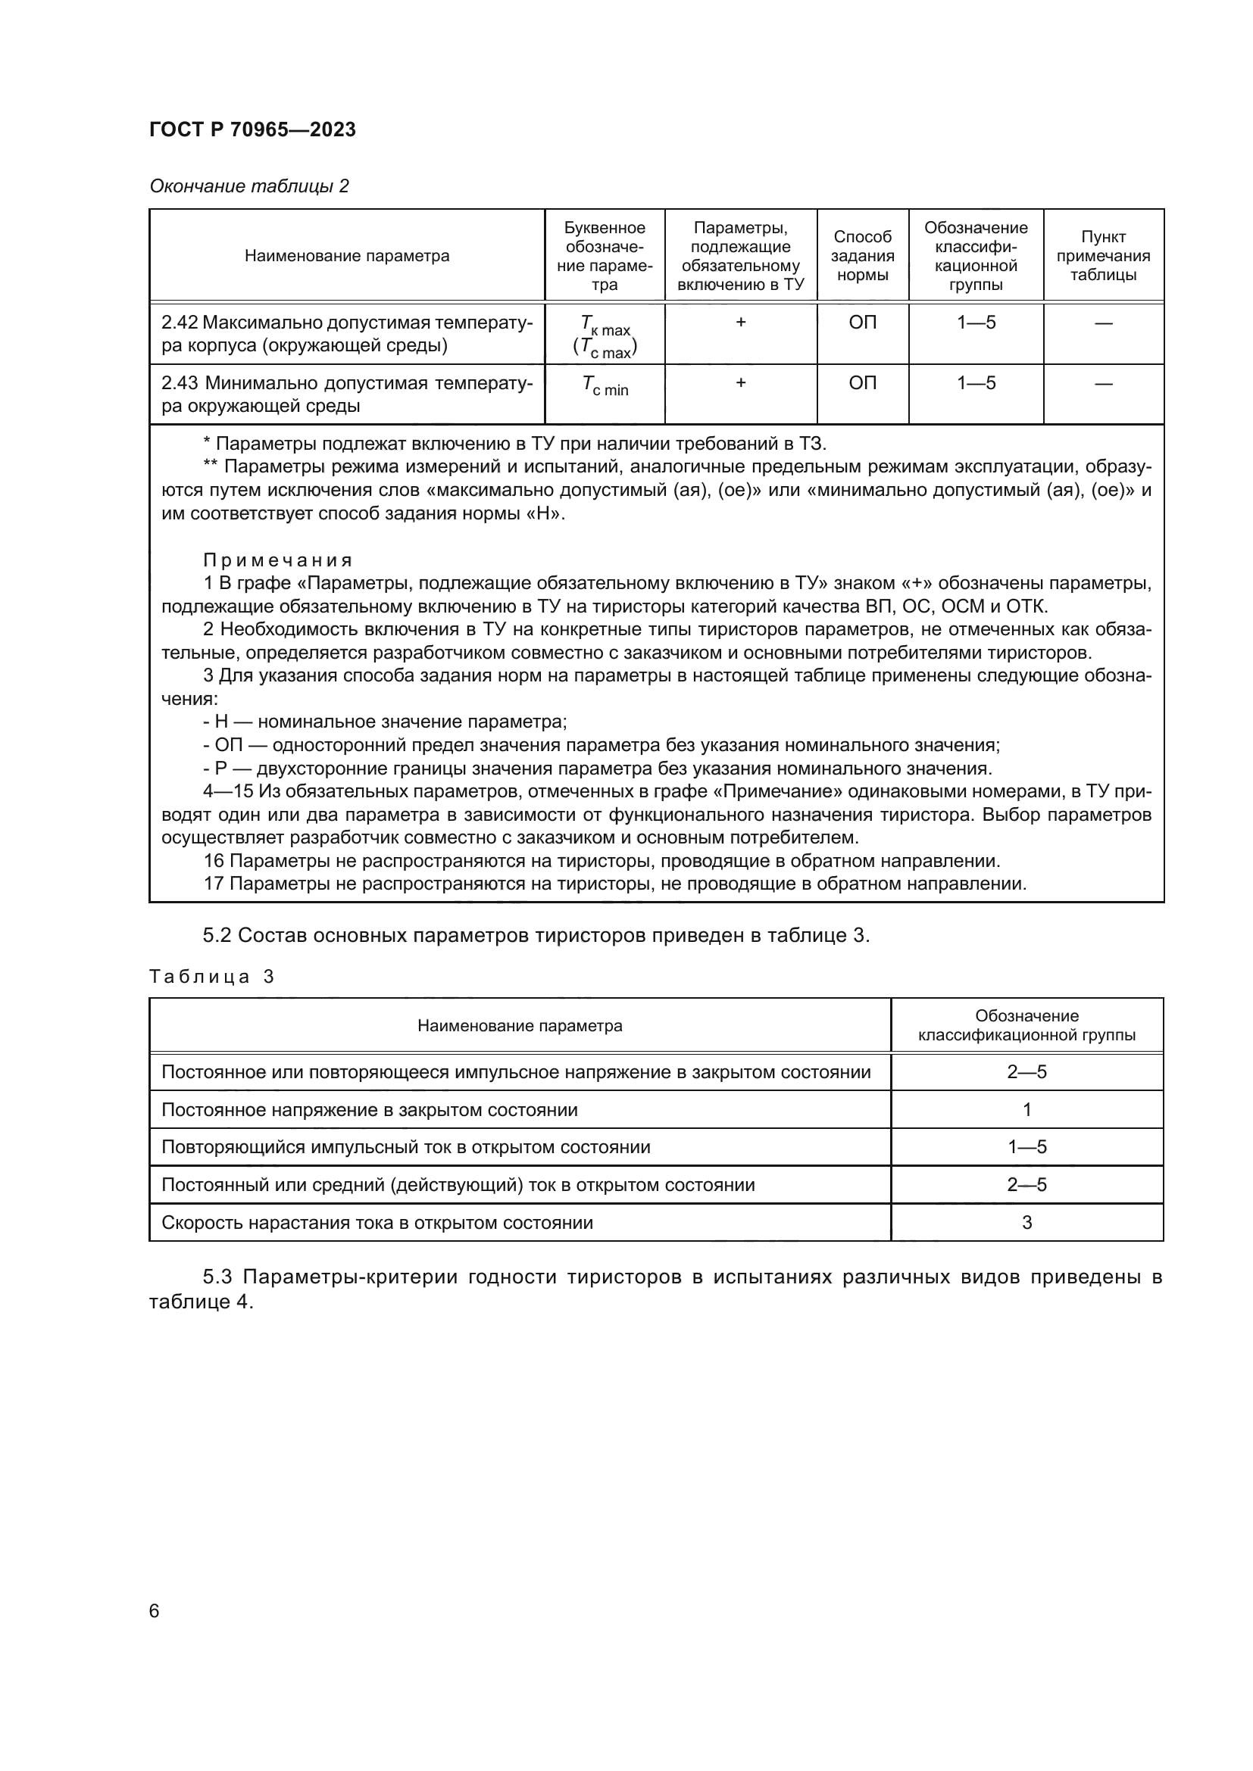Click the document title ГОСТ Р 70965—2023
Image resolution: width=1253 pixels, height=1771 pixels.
252,129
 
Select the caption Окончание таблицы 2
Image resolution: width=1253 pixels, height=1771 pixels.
248,186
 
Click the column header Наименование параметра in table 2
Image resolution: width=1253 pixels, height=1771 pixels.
346,256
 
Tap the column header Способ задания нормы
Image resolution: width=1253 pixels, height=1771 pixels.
862,256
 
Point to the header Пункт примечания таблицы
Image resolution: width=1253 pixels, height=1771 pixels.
1102,256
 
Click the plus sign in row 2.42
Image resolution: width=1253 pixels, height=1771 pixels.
740,323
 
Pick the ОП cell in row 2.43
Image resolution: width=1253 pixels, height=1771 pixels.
862,383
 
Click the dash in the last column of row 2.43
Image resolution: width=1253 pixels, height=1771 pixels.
1102,383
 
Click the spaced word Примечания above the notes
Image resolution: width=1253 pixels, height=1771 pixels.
278,560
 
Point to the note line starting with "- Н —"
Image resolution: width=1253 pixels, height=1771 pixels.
384,722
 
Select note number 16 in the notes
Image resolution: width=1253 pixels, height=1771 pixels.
214,861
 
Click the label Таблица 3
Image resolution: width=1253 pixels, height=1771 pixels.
211,977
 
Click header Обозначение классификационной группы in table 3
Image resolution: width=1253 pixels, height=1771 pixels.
1026,1025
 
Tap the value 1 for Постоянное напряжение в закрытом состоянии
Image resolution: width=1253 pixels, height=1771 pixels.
1026,1109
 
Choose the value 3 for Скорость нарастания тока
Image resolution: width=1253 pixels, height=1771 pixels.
1026,1222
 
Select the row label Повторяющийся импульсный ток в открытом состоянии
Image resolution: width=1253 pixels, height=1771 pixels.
406,1147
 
